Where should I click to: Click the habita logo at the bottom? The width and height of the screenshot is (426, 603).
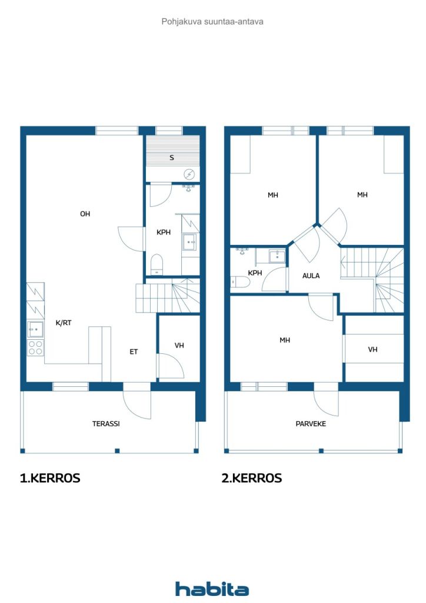[212, 589]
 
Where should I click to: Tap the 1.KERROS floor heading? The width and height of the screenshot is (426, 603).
[50, 478]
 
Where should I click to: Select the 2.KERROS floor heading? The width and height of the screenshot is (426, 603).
[252, 478]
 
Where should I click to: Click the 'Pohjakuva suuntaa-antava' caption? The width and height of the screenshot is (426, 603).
[212, 22]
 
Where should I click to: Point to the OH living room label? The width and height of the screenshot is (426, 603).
[85, 214]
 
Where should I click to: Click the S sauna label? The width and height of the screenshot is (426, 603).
[172, 158]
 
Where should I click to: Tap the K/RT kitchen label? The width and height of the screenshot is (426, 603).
[64, 323]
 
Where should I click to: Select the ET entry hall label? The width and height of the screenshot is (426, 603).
[134, 352]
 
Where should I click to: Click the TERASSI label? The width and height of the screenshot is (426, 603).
[106, 424]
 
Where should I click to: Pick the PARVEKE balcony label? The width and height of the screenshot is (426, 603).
[311, 424]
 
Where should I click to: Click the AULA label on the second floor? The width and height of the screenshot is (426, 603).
[311, 276]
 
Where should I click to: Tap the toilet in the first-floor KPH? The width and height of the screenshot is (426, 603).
[157, 264]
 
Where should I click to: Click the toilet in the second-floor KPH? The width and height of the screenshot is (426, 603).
[241, 282]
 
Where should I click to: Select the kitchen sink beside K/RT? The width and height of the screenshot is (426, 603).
[35, 330]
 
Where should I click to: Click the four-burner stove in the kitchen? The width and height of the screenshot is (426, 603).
[35, 347]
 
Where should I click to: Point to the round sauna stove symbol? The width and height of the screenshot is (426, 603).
[189, 174]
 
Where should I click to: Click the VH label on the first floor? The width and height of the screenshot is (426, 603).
[179, 345]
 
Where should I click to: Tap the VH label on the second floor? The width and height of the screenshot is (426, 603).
[372, 350]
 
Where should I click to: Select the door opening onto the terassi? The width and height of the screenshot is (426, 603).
[137, 401]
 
